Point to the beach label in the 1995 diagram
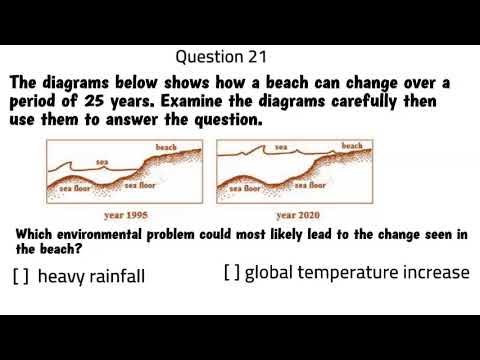pyautogui.click(x=167, y=147)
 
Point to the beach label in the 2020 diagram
pyautogui.click(x=352, y=146)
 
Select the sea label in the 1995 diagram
pyautogui.click(x=102, y=161)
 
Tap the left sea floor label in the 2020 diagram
pyautogui.click(x=245, y=186)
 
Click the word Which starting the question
pyautogui.click(x=36, y=234)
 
